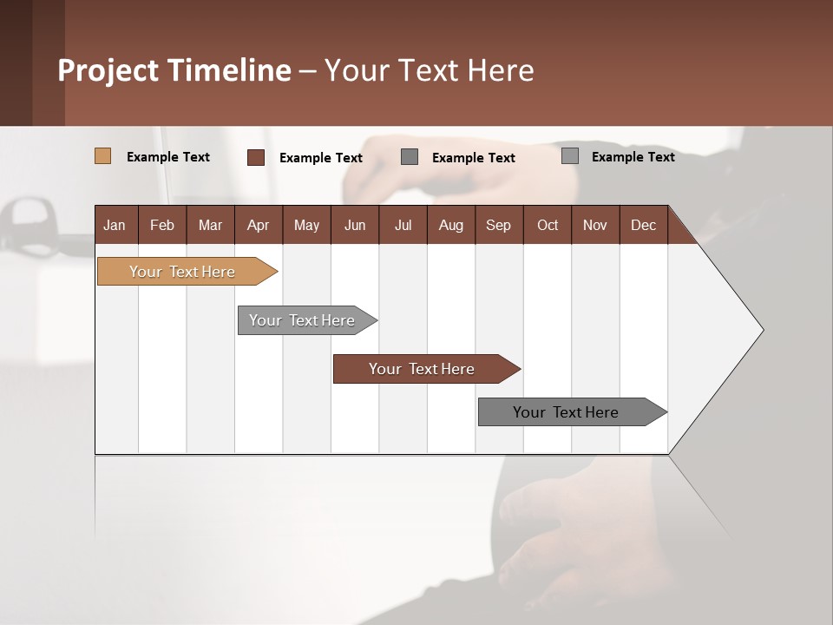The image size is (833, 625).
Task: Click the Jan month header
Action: tap(115, 225)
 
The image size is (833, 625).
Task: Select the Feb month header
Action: tap(162, 225)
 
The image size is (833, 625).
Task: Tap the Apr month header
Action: tap(258, 225)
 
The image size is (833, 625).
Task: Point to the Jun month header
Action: tap(355, 225)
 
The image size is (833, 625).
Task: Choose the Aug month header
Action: tap(450, 225)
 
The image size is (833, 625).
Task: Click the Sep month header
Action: tap(498, 225)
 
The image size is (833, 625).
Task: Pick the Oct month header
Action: tap(548, 225)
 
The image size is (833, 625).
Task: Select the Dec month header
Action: tap(643, 225)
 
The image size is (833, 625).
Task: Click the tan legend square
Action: tap(102, 156)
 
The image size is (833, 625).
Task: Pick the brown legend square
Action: tap(255, 157)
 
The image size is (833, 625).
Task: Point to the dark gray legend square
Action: tap(410, 156)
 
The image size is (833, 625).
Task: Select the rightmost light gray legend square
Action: tap(569, 156)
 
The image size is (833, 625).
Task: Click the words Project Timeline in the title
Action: tap(174, 70)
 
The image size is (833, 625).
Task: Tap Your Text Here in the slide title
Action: tap(430, 70)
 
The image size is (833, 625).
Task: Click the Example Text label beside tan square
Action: tap(168, 157)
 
